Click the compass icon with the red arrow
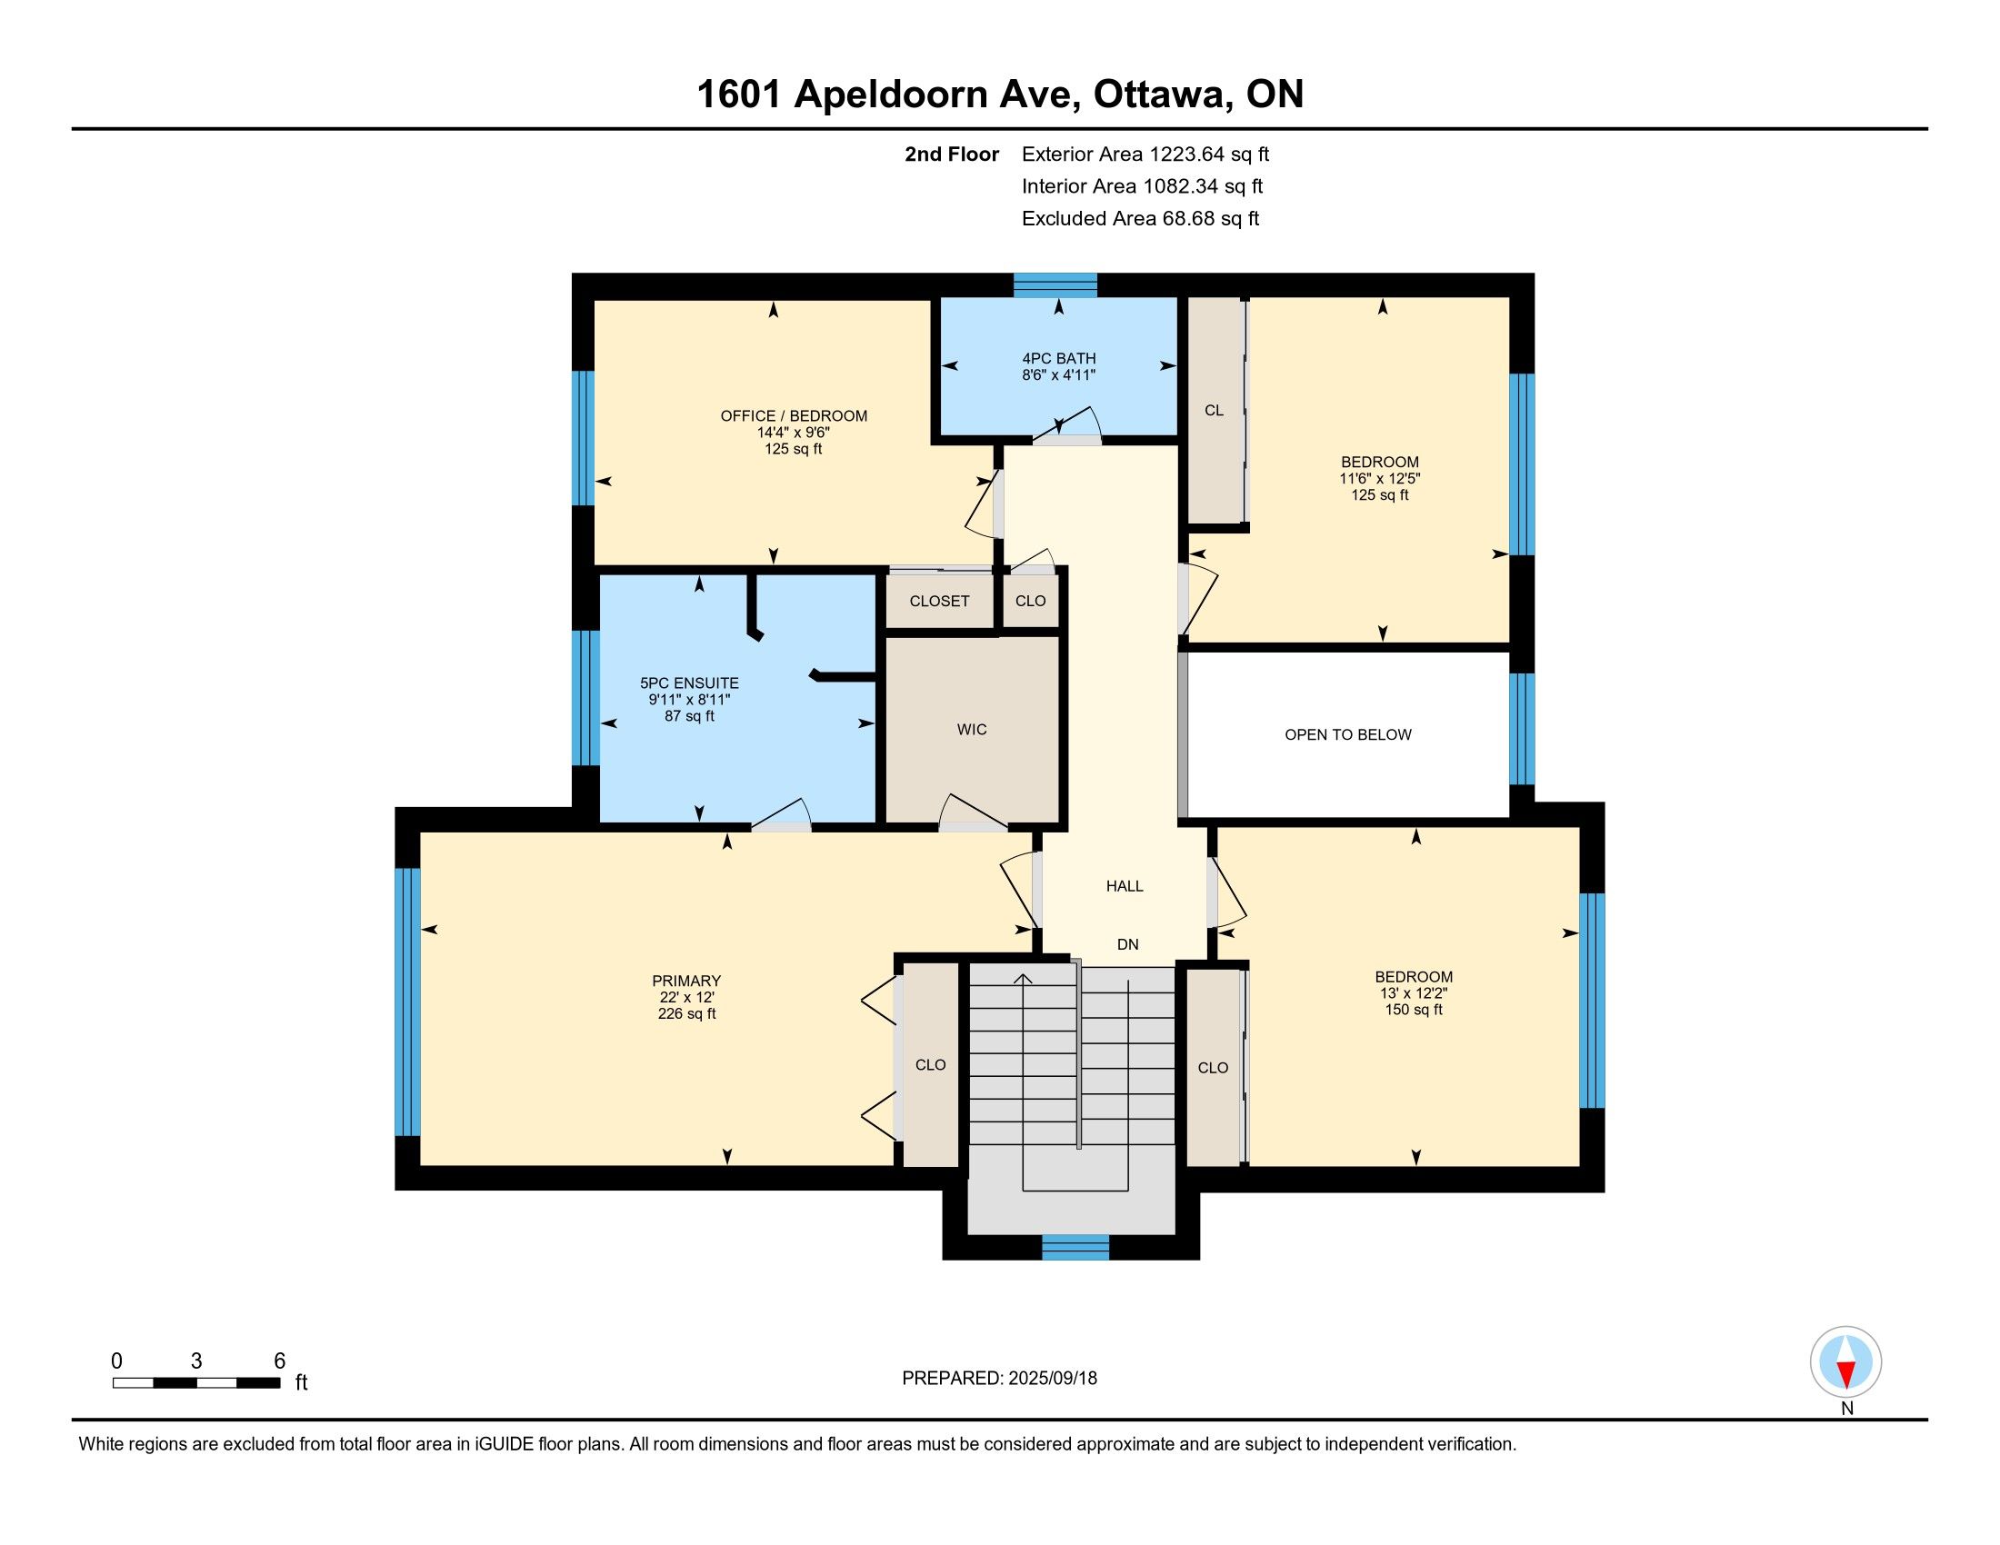click(x=1846, y=1361)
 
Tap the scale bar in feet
click(x=196, y=1382)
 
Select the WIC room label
click(x=972, y=730)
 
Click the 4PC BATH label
click(x=1059, y=359)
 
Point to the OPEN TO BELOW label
click(x=1348, y=734)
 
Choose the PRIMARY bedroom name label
click(x=686, y=982)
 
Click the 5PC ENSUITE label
click(x=690, y=683)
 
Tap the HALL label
click(x=1125, y=886)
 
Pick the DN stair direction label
click(x=1127, y=944)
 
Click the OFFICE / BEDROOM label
click(x=794, y=415)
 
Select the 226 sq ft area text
click(x=686, y=1014)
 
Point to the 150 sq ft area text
click(x=1414, y=1010)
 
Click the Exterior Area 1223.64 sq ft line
click(x=1145, y=154)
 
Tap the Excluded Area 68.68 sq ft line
click(x=1141, y=219)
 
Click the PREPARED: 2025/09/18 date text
click(x=999, y=1378)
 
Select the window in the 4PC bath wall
click(x=1055, y=284)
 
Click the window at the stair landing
click(x=1075, y=1247)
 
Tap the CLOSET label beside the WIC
click(x=940, y=602)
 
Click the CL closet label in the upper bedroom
click(x=1215, y=410)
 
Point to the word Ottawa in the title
click(x=1160, y=94)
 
